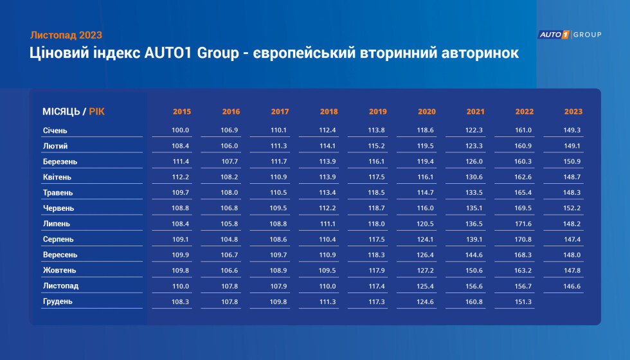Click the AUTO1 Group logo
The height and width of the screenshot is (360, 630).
570,35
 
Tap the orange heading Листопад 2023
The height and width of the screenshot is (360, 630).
66,35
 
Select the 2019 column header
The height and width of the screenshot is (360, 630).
378,112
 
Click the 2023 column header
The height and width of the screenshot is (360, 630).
573,112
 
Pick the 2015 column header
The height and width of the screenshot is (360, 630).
182,112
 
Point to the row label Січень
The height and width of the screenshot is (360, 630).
55,130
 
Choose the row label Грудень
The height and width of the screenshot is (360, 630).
57,301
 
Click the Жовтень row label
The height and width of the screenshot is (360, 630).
59,271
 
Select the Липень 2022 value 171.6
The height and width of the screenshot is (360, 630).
523,224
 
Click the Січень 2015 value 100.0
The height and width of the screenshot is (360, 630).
181,130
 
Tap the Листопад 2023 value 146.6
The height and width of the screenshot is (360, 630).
572,286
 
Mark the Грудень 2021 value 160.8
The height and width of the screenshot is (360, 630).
474,301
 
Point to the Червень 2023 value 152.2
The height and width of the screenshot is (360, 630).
572,208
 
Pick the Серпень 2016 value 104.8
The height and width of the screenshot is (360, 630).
230,239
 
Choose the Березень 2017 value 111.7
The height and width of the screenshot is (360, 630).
278,161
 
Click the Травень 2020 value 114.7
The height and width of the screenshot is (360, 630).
425,192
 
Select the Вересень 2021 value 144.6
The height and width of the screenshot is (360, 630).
474,255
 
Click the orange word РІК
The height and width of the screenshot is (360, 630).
97,112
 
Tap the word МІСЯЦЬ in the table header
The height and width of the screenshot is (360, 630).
61,112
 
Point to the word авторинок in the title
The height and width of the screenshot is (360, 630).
480,53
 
